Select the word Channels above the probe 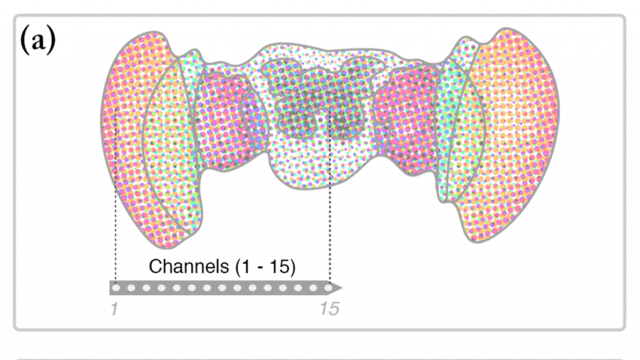[189, 266]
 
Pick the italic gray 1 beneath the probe [114, 309]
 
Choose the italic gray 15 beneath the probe [329, 309]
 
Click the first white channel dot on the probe [116, 287]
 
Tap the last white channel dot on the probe [328, 287]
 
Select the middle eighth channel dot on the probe [222, 287]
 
